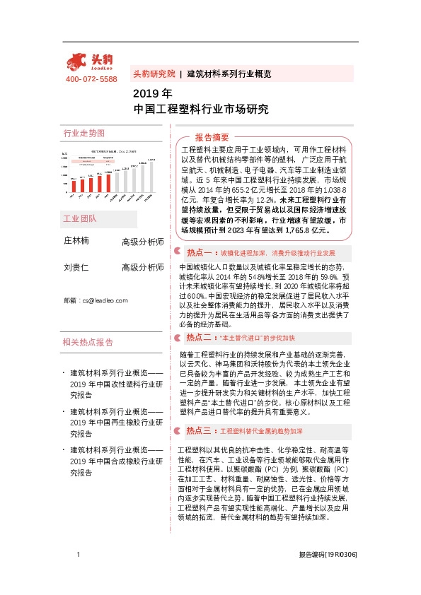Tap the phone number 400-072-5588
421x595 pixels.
pos(91,79)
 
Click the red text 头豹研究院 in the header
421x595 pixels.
pos(154,73)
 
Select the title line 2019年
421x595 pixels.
pos(152,93)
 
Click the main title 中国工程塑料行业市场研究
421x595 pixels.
pos(202,109)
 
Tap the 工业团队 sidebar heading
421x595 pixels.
pos(80,199)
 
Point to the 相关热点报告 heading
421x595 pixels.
pos(88,342)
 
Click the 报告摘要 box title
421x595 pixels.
pos(212,137)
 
